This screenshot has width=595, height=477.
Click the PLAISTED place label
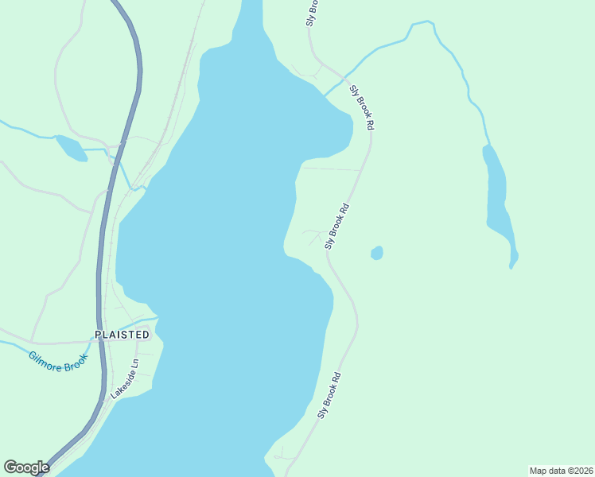[122, 335]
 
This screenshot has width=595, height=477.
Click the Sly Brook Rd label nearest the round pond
[337, 227]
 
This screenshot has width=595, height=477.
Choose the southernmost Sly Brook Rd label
[329, 395]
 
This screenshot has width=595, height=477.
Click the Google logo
[26, 467]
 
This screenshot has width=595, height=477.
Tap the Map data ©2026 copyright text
[561, 471]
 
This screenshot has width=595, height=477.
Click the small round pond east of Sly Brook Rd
[377, 253]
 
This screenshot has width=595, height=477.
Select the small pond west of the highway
[70, 147]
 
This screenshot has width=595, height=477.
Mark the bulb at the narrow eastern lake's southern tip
[514, 258]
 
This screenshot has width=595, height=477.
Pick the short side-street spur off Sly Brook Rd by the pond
[313, 235]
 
